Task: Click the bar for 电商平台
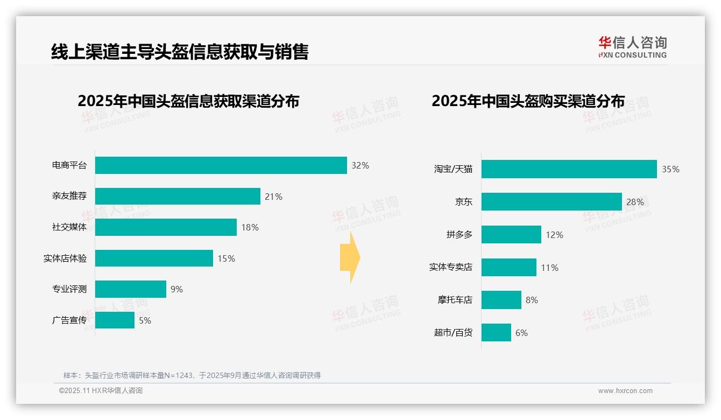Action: (x=221, y=165)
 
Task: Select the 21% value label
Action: (x=273, y=197)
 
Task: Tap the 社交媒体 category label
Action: (x=69, y=227)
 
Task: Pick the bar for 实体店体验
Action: (x=154, y=258)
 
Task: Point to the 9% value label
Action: (x=176, y=289)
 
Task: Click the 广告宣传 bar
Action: (x=115, y=320)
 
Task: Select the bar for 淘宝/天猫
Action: (x=569, y=169)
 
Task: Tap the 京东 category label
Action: (x=463, y=202)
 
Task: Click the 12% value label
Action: (x=554, y=235)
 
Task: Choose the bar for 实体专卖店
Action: (x=508, y=267)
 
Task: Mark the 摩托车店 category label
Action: (x=455, y=300)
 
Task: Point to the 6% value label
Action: (x=521, y=333)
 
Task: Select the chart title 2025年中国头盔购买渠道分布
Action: (x=528, y=101)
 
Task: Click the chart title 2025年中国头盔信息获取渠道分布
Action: (x=188, y=101)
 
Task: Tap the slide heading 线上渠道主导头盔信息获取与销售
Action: (x=180, y=52)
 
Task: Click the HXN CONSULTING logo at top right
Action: (x=632, y=47)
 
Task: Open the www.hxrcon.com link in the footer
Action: (x=625, y=391)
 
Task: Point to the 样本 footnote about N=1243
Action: (x=192, y=375)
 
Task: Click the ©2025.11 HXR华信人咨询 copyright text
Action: (x=101, y=391)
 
